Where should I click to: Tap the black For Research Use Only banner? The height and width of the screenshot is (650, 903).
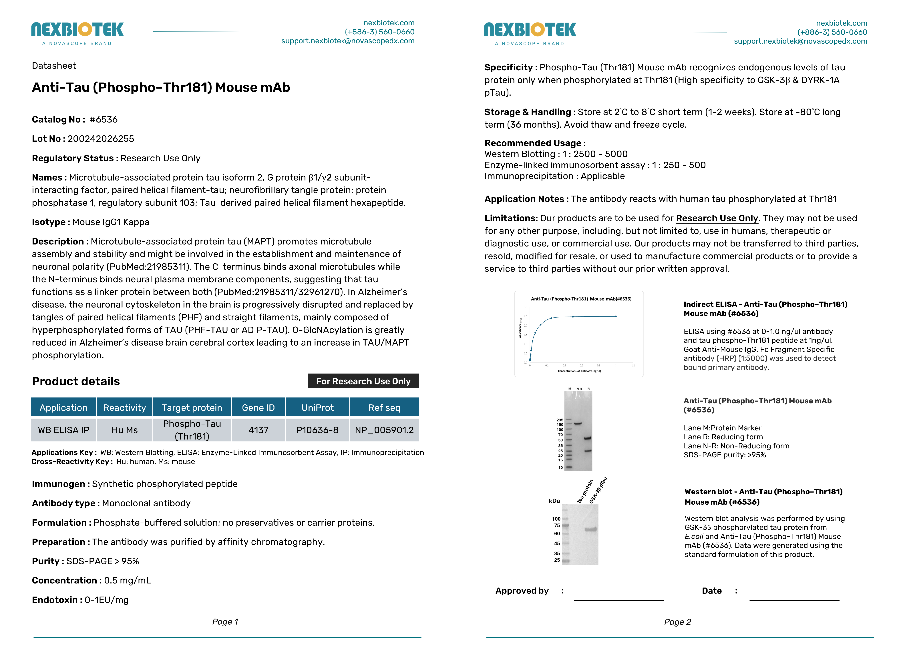pyautogui.click(x=363, y=381)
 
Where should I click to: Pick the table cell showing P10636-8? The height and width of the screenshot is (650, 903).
pyautogui.click(x=317, y=430)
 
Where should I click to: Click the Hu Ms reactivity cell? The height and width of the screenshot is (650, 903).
pyautogui.click(x=125, y=430)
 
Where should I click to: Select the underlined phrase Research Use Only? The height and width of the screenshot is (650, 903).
pyautogui.click(x=717, y=218)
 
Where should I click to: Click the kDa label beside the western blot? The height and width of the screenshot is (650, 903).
pyautogui.click(x=554, y=501)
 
